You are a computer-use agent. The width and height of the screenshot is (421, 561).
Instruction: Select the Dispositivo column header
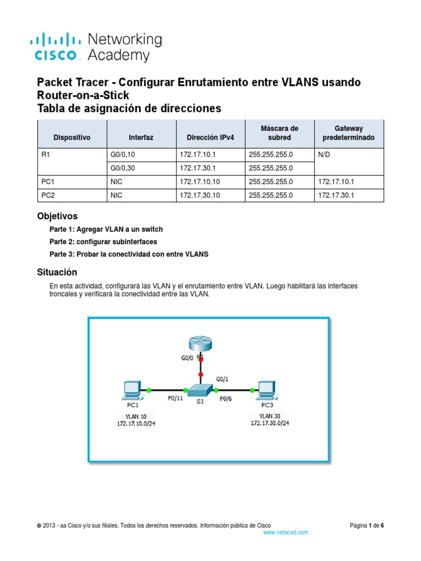tap(71, 138)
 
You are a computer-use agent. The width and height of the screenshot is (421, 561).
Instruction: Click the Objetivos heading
tap(57, 216)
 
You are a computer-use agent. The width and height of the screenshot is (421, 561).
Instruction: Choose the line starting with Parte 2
tap(103, 242)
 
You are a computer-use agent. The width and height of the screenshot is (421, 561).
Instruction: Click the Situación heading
tap(57, 272)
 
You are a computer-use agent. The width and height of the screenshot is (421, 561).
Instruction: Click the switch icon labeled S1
tap(201, 391)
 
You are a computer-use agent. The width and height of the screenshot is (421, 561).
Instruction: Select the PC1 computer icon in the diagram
tap(132, 390)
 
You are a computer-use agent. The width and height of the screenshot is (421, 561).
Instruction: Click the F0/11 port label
tap(175, 399)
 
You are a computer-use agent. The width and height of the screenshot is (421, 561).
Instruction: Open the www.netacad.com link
tap(286, 533)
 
